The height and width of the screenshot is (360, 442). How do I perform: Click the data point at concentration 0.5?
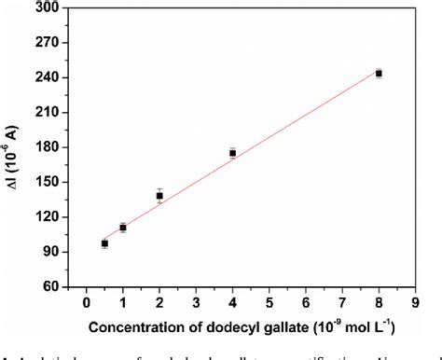[x=104, y=243]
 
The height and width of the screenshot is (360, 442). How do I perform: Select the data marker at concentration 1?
[x=123, y=228]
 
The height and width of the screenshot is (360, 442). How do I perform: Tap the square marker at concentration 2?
[x=159, y=196]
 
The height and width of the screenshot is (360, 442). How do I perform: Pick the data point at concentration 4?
[x=232, y=153]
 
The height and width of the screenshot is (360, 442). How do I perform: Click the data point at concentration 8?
[x=379, y=73]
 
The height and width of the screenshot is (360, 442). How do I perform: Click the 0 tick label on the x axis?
[x=87, y=303]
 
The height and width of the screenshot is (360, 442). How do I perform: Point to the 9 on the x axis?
[x=414, y=303]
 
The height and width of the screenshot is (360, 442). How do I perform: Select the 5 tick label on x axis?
[x=269, y=303]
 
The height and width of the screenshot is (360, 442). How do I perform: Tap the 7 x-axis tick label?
[x=341, y=303]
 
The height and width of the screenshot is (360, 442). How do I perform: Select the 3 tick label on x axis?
[x=196, y=303]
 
